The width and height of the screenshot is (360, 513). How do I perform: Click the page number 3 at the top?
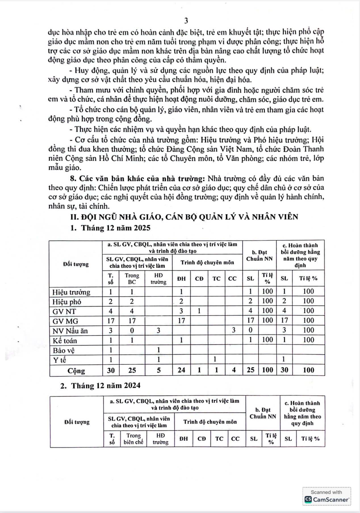[186, 21]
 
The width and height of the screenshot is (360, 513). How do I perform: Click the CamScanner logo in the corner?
[326, 500]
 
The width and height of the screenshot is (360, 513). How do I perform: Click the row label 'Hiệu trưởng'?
[71, 292]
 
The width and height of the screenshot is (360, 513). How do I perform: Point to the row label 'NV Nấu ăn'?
[70, 331]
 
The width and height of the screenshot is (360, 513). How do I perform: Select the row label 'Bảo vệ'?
[64, 350]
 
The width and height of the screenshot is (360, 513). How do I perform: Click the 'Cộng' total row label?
[76, 371]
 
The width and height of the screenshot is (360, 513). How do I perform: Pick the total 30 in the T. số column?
[111, 370]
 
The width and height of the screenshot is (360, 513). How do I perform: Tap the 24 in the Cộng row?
[181, 370]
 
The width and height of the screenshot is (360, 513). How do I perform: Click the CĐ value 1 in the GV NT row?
[199, 311]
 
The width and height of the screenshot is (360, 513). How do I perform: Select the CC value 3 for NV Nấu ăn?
[233, 330]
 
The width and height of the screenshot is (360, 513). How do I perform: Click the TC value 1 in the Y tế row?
[215, 359]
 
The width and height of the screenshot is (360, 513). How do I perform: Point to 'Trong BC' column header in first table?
[132, 279]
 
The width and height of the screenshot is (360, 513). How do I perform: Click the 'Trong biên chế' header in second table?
[133, 439]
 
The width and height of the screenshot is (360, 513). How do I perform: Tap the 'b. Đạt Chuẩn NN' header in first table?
[259, 255]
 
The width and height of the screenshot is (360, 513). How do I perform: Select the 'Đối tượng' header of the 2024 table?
[77, 422]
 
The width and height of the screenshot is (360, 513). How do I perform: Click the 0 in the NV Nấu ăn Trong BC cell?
[132, 330]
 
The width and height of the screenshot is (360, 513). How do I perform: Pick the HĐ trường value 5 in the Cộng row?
[159, 370]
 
